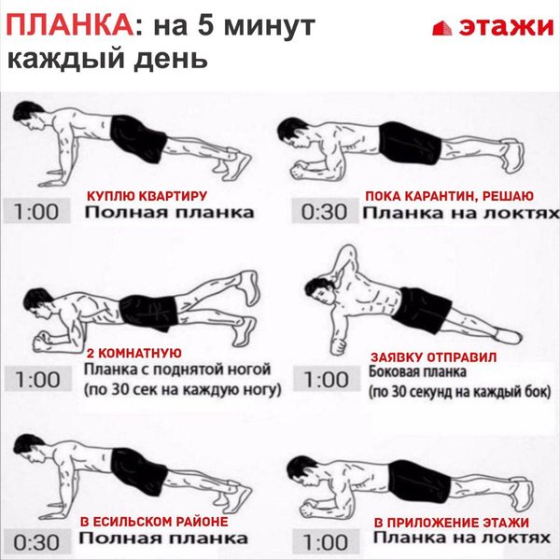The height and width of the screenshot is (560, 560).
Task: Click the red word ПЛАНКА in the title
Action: [70, 25]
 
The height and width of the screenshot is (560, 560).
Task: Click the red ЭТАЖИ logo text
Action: [506, 26]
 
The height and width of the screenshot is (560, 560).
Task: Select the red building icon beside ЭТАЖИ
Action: [442, 28]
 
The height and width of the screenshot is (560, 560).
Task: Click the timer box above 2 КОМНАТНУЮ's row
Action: [38, 379]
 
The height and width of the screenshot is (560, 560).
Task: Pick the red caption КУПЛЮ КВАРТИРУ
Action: [147, 196]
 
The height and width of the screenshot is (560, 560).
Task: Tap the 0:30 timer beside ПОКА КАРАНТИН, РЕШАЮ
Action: [325, 212]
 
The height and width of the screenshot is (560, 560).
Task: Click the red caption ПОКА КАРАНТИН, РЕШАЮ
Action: [449, 196]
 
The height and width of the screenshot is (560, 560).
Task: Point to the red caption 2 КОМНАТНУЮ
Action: [134, 353]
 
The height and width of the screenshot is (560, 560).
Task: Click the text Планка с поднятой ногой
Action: [177, 370]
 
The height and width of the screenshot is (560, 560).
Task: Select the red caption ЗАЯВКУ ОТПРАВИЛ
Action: [434, 357]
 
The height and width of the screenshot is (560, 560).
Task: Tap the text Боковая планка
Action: [417, 371]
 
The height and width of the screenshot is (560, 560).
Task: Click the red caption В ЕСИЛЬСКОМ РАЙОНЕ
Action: [154, 522]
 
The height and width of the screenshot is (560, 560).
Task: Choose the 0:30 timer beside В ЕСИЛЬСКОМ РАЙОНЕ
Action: [36, 542]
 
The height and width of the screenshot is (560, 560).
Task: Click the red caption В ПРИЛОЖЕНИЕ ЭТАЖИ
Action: [452, 523]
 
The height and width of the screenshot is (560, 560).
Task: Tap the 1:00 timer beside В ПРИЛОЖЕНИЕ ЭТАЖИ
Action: [326, 542]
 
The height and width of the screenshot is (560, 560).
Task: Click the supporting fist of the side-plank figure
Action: [339, 345]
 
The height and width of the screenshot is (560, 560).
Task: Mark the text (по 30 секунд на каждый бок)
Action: [460, 392]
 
